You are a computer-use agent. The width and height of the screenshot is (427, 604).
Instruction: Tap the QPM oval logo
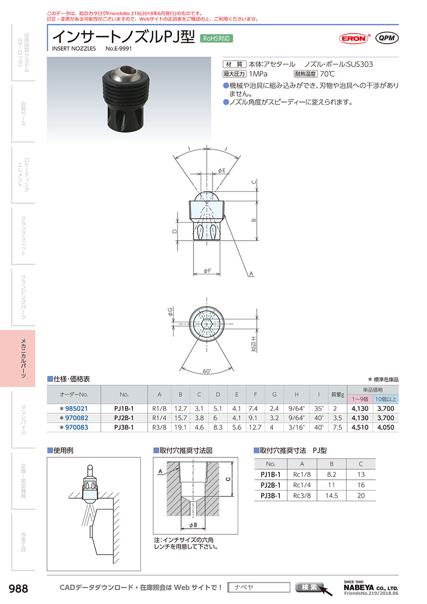pyautogui.click(x=387, y=38)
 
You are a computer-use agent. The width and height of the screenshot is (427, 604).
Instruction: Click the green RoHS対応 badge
pyautogui.click(x=216, y=38)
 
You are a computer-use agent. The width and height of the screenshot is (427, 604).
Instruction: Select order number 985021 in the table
pyautogui.click(x=76, y=409)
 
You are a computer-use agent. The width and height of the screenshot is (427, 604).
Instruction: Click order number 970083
pyautogui.click(x=76, y=427)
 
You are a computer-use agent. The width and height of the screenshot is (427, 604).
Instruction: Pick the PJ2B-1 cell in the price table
pyautogui.click(x=124, y=418)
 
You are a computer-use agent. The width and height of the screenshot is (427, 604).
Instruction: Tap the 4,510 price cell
pyautogui.click(x=360, y=427)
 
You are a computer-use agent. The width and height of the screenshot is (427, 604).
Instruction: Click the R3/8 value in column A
pyautogui.click(x=159, y=427)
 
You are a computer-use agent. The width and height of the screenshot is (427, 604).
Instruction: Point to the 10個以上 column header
pyautogui.click(x=386, y=399)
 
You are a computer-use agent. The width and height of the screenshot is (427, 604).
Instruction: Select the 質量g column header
pyautogui.click(x=337, y=394)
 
